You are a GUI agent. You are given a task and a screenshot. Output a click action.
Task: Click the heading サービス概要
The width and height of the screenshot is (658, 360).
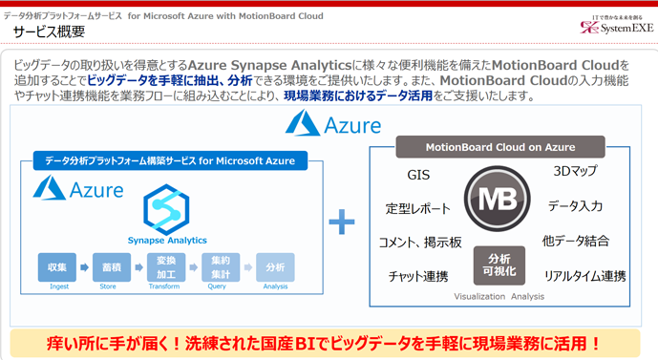pos(49,32)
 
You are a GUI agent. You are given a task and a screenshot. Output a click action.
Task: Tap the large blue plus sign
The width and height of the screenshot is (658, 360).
pos(341,222)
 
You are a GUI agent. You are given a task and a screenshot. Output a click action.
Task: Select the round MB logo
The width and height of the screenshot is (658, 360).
pos(498,200)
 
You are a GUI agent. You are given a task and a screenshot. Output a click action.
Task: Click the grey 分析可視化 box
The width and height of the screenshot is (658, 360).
pos(499,265)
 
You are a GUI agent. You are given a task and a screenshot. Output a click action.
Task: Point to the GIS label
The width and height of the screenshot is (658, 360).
pos(418,176)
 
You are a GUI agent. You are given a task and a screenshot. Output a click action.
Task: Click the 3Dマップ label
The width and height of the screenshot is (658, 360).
pos(576,172)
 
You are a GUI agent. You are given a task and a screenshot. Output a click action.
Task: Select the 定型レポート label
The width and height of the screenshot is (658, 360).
pos(417,208)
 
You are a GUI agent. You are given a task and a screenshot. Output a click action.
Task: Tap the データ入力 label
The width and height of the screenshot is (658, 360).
pos(576,206)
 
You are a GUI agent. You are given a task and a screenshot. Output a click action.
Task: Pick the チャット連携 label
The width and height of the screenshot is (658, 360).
pos(418,277)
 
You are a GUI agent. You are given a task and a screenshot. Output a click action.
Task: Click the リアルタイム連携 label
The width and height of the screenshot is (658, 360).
pos(584,277)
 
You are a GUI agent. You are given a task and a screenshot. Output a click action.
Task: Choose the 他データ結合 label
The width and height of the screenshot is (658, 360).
pos(576,242)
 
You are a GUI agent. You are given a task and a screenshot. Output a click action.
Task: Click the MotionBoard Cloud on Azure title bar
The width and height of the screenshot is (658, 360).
pos(500,146)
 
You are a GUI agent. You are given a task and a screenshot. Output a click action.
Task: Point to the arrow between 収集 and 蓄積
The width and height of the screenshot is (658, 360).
pos(85,266)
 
